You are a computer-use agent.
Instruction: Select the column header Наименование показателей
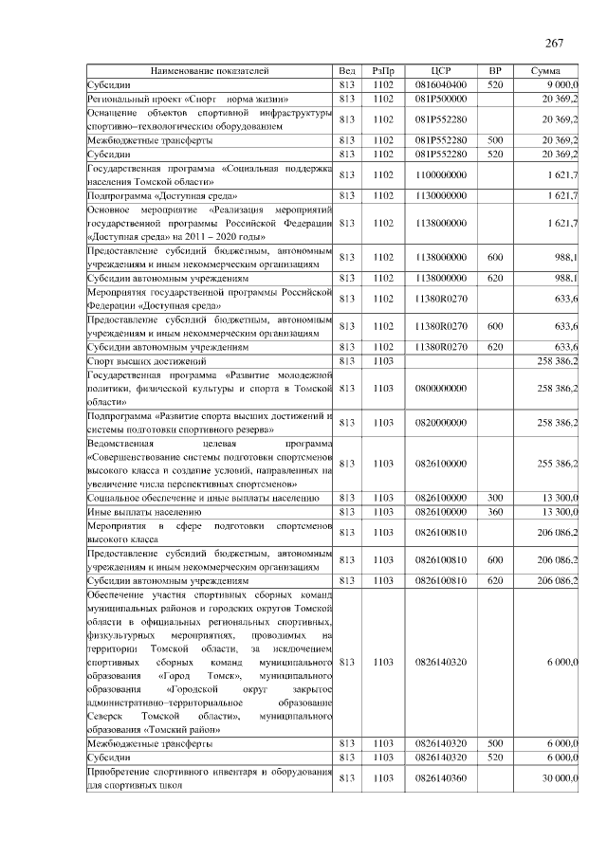click(210, 71)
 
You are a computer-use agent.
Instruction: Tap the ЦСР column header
click(440, 71)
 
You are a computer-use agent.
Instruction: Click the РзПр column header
click(383, 71)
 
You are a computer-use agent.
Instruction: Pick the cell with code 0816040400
click(440, 84)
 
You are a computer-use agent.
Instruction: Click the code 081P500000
click(440, 98)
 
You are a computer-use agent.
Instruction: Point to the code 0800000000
click(440, 389)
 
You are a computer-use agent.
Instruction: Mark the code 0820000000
click(440, 423)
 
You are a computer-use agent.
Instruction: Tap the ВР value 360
click(494, 511)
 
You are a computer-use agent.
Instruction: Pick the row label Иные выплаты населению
click(130, 511)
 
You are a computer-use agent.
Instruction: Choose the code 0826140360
click(440, 778)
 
